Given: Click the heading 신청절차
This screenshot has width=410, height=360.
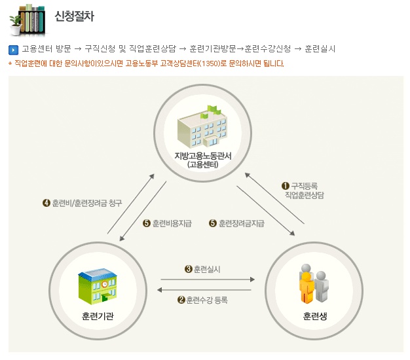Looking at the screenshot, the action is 74,16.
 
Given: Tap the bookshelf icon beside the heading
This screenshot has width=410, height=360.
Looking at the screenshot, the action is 28,20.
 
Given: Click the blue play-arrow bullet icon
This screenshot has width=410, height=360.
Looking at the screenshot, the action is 13,50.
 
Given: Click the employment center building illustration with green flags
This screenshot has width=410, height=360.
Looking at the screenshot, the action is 202,126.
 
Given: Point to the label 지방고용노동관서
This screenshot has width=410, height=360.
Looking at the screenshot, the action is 203,156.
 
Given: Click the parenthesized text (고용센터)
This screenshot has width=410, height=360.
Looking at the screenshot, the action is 203,164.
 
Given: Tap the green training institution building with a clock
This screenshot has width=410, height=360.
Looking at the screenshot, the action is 98,286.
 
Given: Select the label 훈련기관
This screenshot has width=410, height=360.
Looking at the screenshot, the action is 98,316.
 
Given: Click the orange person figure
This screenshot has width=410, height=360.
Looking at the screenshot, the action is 307,288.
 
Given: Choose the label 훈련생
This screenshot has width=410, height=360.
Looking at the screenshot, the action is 315,316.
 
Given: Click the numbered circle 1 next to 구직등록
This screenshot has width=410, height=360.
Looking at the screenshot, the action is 286,186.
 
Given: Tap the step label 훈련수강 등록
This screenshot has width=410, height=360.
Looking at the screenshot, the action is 207,300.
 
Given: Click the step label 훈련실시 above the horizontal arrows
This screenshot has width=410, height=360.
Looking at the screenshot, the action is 207,269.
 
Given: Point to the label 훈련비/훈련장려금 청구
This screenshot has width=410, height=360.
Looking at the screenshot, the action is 87,203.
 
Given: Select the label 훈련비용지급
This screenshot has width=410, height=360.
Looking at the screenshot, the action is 172,223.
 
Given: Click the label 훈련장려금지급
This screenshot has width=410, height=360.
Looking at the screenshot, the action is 242,223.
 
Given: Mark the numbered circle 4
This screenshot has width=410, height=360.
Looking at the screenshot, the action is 47,203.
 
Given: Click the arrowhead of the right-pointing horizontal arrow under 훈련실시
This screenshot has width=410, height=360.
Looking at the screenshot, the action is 252,279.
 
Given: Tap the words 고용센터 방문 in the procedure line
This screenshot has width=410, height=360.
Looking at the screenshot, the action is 47,49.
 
